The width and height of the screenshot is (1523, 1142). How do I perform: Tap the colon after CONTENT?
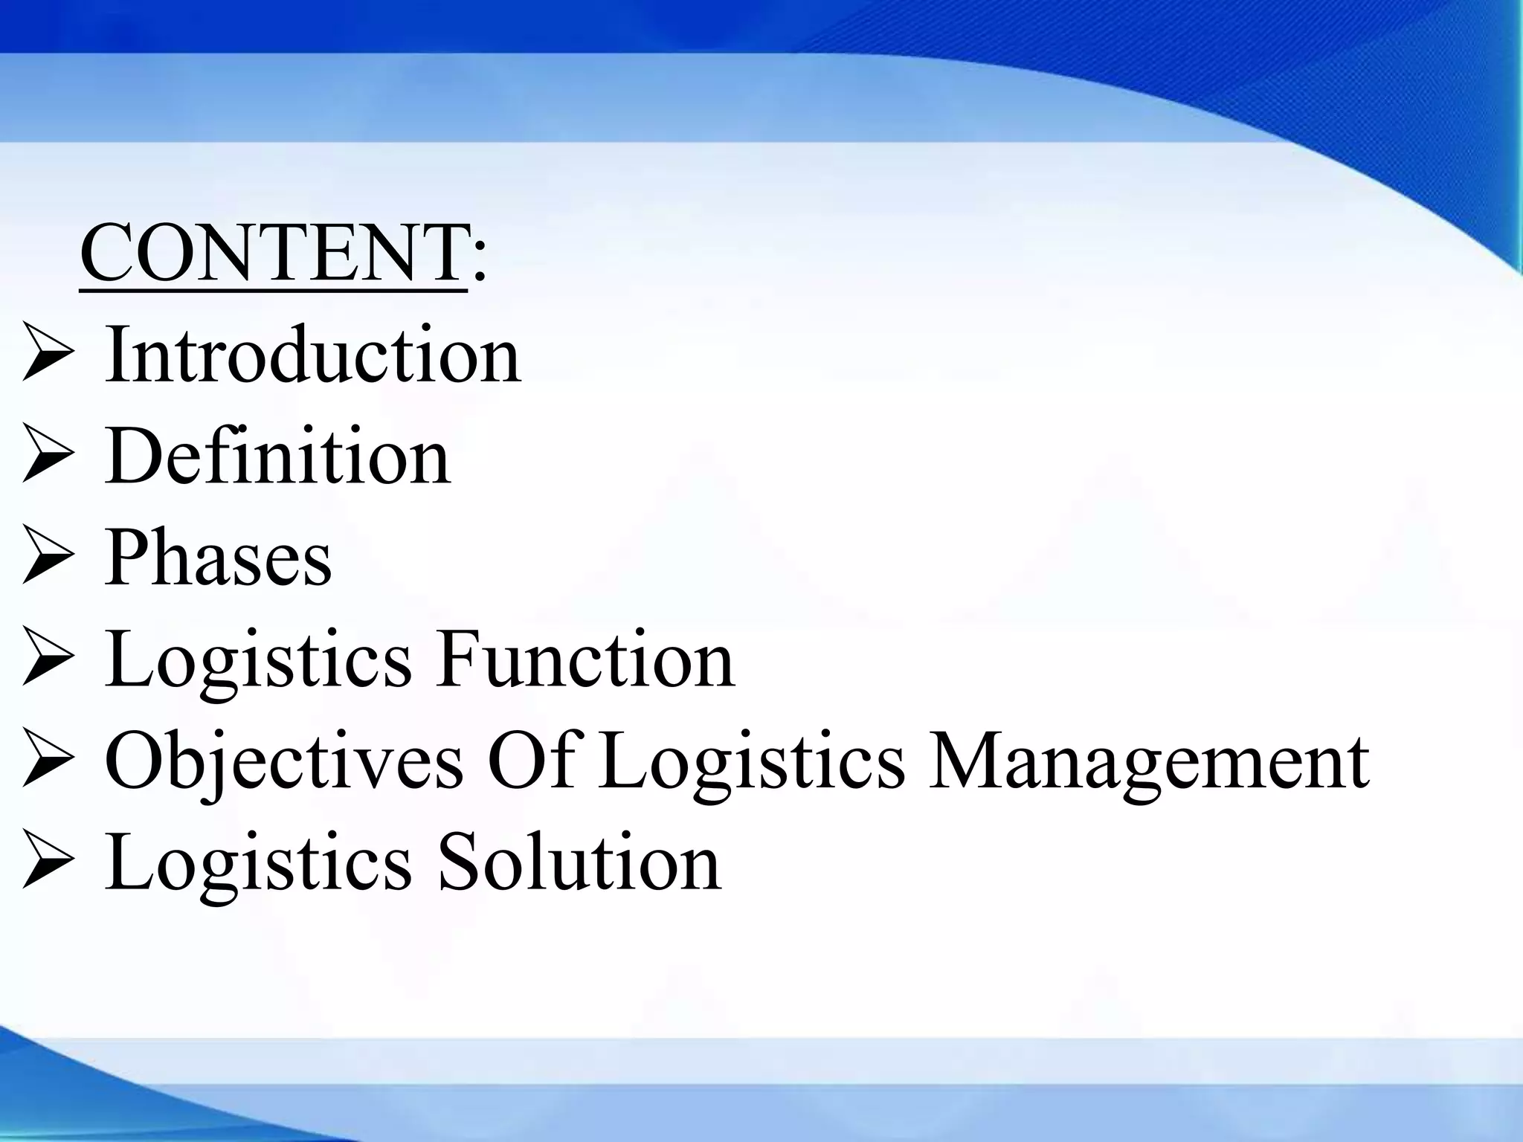pyautogui.click(x=479, y=260)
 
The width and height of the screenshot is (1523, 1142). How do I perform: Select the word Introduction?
pyautogui.click(x=312, y=355)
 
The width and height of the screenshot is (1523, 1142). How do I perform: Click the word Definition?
pyautogui.click(x=277, y=457)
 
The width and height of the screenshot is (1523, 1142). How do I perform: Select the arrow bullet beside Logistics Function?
pyautogui.click(x=48, y=656)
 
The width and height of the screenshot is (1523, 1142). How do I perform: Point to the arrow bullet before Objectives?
pyautogui.click(x=48, y=758)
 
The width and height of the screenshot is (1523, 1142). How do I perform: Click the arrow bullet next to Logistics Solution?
pyautogui.click(x=48, y=859)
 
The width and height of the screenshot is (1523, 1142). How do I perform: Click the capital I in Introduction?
pyautogui.click(x=117, y=354)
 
